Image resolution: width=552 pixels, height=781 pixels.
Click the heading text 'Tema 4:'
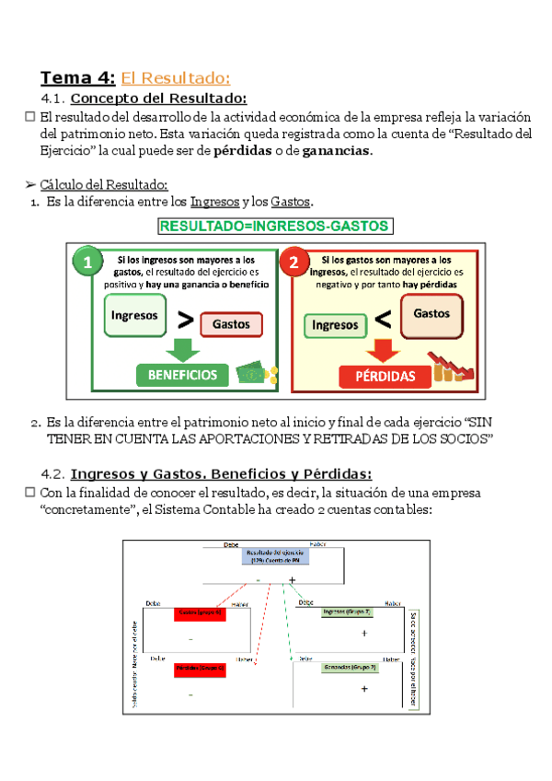pos(78,77)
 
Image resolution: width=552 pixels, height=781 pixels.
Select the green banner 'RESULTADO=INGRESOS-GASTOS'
pos(275,226)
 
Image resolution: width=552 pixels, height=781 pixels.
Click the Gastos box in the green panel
pos(231,324)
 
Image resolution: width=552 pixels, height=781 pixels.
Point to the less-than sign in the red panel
pos(383,321)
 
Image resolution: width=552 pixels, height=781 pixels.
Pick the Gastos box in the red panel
pos(431,313)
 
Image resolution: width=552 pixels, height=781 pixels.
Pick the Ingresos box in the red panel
pos(335,324)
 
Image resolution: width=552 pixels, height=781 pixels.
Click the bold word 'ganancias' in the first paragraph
pos(337,151)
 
